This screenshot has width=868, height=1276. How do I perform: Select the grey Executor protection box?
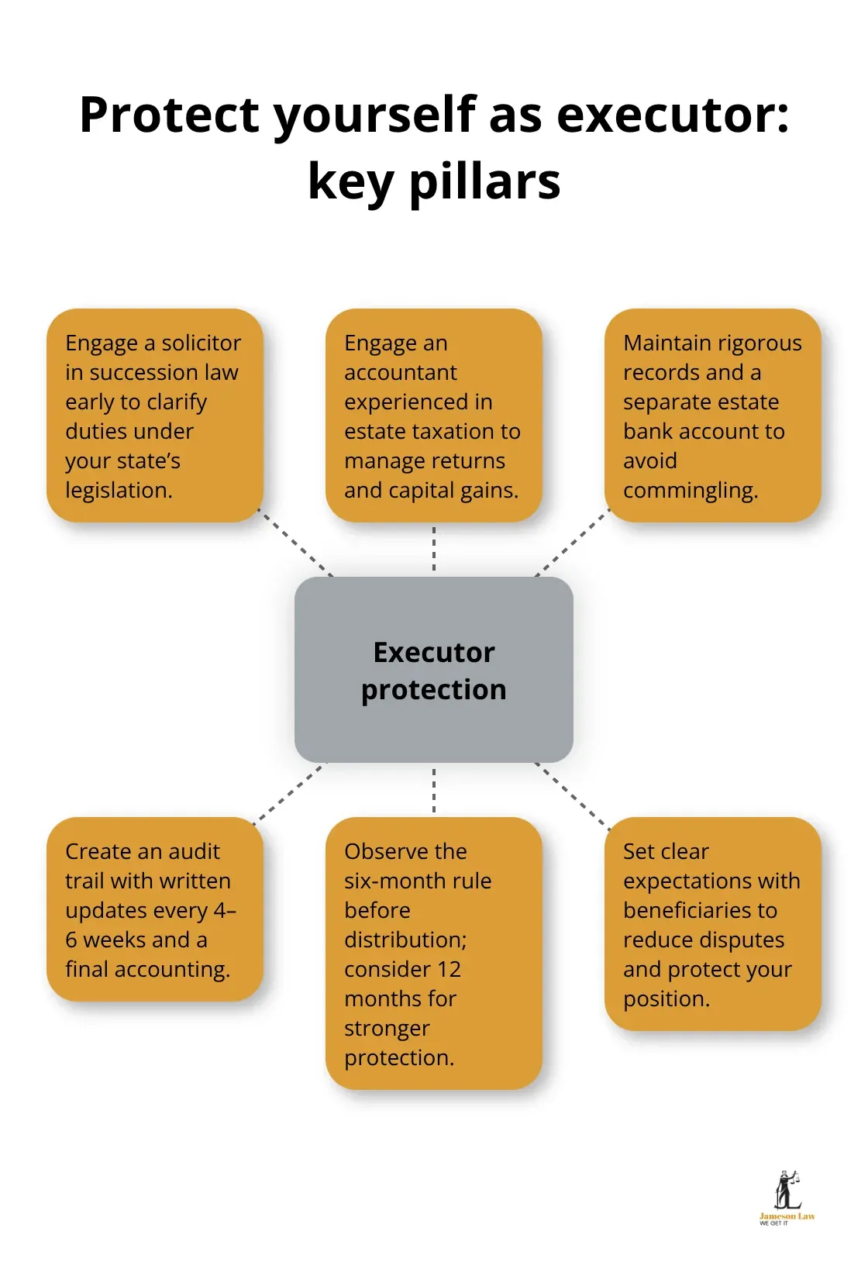pos(434,670)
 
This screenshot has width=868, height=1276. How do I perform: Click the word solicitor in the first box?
pos(201,343)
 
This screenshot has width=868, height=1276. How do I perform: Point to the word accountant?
pos(401,372)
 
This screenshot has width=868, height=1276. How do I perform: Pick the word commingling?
pos(691,491)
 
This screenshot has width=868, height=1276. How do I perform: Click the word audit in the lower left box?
pos(194,851)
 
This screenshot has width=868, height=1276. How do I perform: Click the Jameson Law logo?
pos(787,1197)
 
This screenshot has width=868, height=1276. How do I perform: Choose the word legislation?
pos(119,491)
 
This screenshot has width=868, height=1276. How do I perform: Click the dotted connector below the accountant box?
pos(434,549)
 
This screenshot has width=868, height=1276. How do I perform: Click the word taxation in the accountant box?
pos(451,431)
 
